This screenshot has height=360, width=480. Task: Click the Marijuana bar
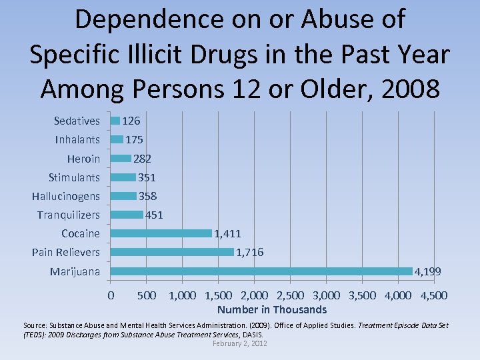click(x=261, y=271)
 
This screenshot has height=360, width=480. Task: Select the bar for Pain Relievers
click(x=172, y=252)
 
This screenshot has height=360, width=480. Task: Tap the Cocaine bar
click(x=161, y=233)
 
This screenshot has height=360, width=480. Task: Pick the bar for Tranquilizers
click(x=127, y=215)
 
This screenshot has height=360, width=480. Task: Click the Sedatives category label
click(x=77, y=121)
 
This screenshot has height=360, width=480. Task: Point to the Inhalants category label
click(x=77, y=139)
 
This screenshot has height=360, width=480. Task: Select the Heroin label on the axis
click(x=83, y=159)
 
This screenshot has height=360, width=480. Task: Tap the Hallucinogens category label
click(x=66, y=196)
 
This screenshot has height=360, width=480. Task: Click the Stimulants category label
click(x=74, y=177)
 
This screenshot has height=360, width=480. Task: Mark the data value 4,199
click(x=428, y=272)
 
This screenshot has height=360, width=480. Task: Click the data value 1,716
click(x=250, y=252)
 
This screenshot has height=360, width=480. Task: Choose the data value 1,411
click(x=227, y=233)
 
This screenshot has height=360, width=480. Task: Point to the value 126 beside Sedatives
click(x=131, y=121)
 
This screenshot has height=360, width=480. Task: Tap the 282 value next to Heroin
click(x=142, y=159)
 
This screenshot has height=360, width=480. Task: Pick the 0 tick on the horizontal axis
click(x=111, y=295)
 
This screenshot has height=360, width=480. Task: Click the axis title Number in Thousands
click(x=272, y=309)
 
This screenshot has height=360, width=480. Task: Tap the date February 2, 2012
click(x=239, y=343)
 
